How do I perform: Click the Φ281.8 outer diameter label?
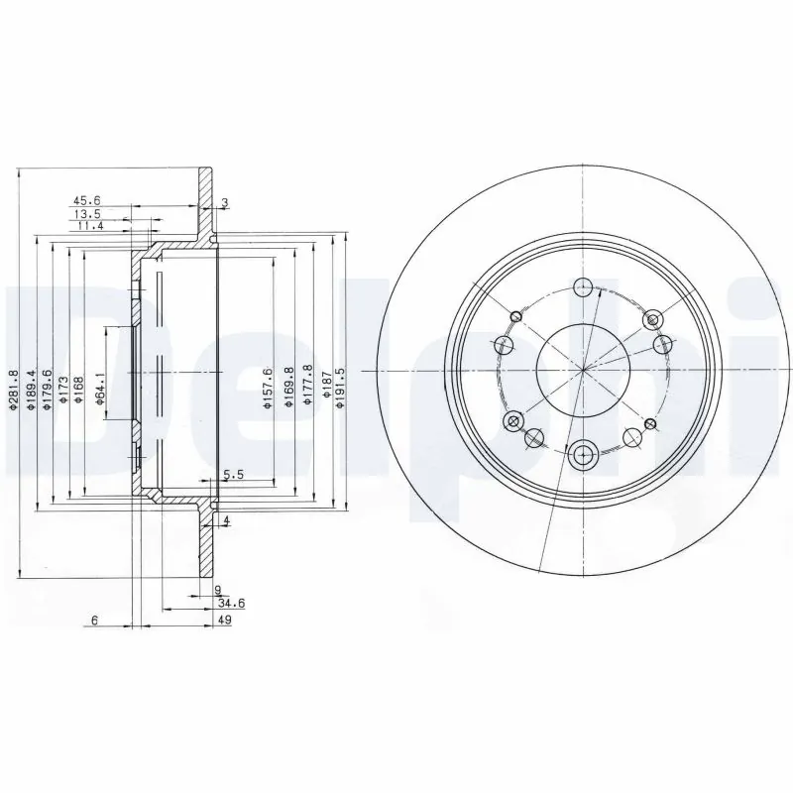coord(14,390)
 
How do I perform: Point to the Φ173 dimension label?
coord(62,390)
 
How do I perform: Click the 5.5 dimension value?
coord(234,476)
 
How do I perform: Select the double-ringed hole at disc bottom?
coord(583,455)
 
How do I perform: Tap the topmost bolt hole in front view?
coord(584,287)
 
